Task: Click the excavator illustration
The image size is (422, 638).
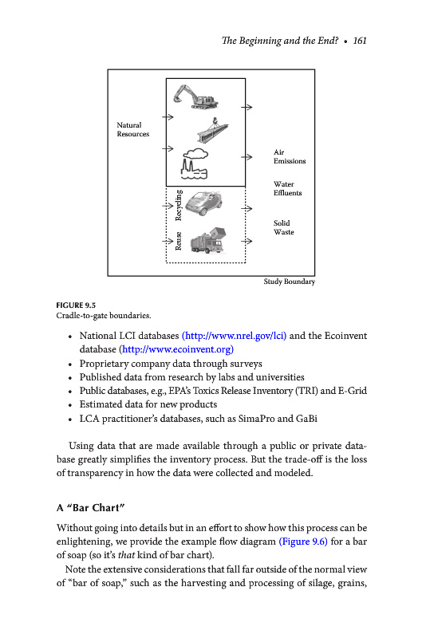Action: [195, 96]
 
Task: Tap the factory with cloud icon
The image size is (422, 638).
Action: [195, 163]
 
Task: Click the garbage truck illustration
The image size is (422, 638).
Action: [208, 241]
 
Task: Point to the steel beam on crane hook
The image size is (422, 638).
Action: [212, 130]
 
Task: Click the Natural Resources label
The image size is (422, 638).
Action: [133, 129]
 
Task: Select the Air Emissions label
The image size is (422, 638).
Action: [290, 156]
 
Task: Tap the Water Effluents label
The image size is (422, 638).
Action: [288, 188]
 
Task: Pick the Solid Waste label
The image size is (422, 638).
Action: [284, 227]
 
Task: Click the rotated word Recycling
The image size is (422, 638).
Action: [178, 205]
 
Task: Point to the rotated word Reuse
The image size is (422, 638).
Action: [178, 241]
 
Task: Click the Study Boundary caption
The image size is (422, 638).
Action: [290, 282]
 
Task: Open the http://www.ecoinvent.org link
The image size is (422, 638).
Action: [178, 349]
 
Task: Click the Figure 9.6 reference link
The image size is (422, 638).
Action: [303, 542]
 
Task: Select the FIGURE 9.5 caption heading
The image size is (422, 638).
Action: [76, 305]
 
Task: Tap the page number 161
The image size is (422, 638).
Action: [360, 41]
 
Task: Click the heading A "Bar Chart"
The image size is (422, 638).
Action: [90, 508]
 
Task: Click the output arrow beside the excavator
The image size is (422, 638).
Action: [246, 107]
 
